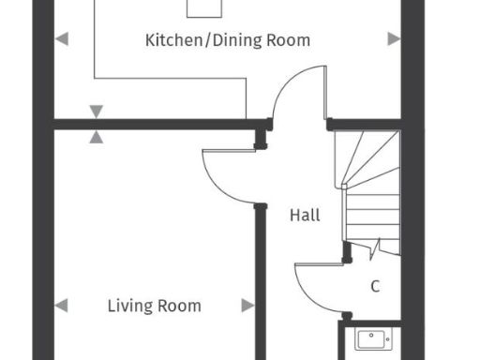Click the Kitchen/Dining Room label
click(x=227, y=40)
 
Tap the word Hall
click(x=305, y=216)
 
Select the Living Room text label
click(x=154, y=306)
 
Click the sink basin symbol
click(x=371, y=338)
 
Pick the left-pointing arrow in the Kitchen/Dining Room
click(x=62, y=38)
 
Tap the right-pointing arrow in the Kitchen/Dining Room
click(x=394, y=38)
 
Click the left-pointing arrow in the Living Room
click(x=62, y=306)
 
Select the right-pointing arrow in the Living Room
click(x=247, y=306)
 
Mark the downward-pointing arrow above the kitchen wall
click(x=96, y=112)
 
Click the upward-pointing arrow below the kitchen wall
click(x=96, y=136)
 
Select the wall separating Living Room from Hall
click(x=260, y=281)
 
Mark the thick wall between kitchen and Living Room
click(x=150, y=124)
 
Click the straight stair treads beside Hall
click(x=373, y=216)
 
